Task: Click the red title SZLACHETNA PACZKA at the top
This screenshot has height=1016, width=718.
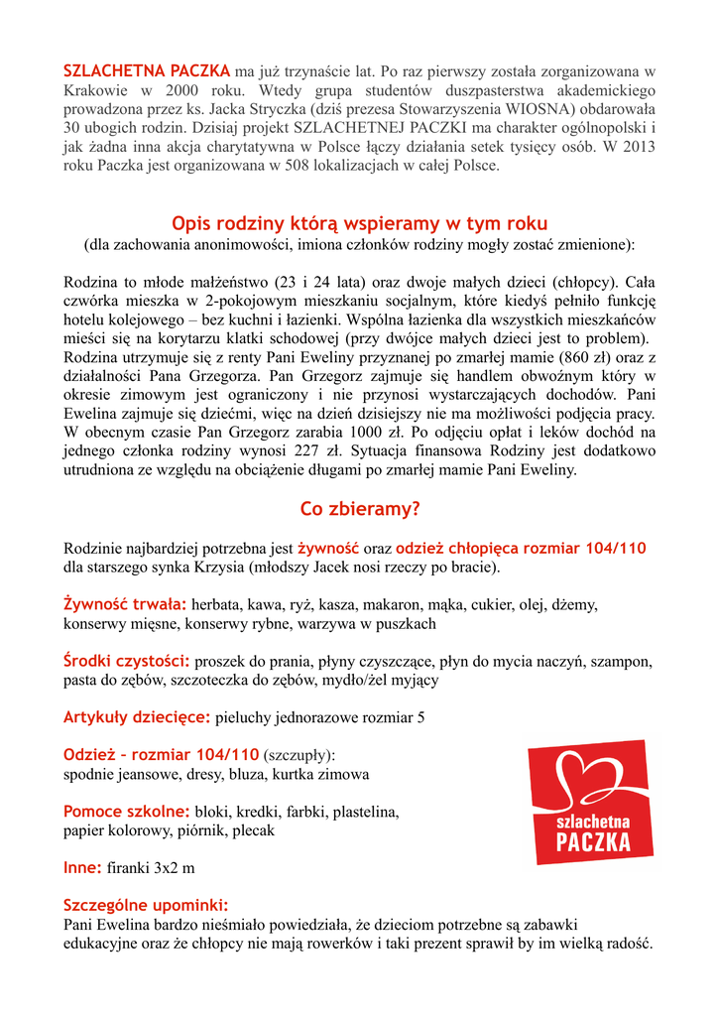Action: click(x=147, y=71)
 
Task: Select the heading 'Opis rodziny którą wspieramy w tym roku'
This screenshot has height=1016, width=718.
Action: click(x=359, y=224)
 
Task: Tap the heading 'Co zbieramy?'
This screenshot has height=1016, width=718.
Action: click(x=360, y=509)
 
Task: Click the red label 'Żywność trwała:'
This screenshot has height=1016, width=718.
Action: click(x=125, y=604)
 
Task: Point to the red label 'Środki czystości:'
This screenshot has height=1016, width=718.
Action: click(x=127, y=661)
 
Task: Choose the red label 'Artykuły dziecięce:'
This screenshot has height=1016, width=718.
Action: click(x=137, y=717)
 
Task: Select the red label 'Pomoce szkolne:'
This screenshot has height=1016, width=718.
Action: click(x=127, y=812)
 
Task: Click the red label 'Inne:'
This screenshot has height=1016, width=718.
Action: click(x=82, y=868)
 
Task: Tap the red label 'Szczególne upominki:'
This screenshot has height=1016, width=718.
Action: click(x=146, y=905)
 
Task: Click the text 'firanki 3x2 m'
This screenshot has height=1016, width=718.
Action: click(x=151, y=868)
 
